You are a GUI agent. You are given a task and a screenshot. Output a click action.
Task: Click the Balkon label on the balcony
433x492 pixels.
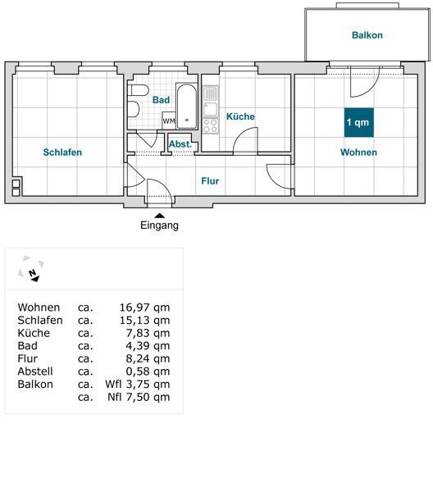pyautogui.click(x=367, y=35)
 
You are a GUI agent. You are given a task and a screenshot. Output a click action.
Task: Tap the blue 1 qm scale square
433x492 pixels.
pyautogui.click(x=359, y=122)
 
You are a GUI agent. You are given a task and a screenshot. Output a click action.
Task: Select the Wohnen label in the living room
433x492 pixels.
pyautogui.click(x=358, y=153)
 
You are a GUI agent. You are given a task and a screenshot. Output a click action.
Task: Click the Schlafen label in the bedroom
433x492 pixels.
pyautogui.click(x=62, y=153)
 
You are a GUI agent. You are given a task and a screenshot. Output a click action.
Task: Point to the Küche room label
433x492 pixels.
pyautogui.click(x=240, y=116)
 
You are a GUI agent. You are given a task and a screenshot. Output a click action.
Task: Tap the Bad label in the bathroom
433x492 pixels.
pyautogui.click(x=161, y=100)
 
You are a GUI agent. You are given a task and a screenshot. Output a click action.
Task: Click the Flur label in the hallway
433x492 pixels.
pyautogui.click(x=210, y=181)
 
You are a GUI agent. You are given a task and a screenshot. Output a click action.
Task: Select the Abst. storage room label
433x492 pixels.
pyautogui.click(x=180, y=144)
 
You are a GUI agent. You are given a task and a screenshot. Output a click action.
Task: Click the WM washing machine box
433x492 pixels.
pyautogui.click(x=169, y=121)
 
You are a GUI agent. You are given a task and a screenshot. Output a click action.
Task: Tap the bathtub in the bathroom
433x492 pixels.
pyautogui.click(x=187, y=106)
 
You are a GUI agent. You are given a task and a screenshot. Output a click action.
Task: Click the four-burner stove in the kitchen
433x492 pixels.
pyautogui.click(x=210, y=125)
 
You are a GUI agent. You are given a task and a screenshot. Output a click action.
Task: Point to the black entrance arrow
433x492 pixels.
pyautogui.click(x=160, y=216)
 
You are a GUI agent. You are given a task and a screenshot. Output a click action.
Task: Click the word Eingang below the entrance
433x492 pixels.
pyautogui.click(x=159, y=225)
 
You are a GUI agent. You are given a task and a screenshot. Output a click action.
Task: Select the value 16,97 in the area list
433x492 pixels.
pyautogui.click(x=134, y=307)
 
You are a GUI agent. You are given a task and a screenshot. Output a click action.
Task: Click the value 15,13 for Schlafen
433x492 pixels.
pyautogui.click(x=134, y=321)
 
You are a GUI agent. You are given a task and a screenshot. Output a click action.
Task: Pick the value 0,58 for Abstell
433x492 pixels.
pyautogui.click(x=137, y=371)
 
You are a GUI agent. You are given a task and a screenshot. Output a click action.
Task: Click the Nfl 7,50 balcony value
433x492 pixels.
pyautogui.click(x=127, y=397)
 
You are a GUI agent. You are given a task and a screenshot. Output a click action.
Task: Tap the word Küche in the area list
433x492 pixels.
pyautogui.click(x=34, y=333)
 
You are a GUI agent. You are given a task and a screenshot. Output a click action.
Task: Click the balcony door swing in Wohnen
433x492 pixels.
pyautogui.click(x=369, y=85)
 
